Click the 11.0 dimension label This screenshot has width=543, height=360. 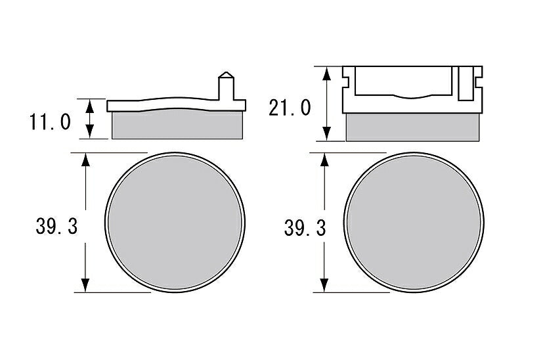click(50, 122)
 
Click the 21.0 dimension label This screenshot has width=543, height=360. click(290, 108)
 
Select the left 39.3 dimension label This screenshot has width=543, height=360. click(56, 227)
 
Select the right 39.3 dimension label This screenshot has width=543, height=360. click(305, 229)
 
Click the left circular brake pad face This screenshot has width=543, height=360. click(175, 223)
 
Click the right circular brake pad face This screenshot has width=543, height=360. click(414, 223)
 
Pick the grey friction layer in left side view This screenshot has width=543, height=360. click(177, 125)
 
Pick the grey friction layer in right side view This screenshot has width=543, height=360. click(413, 127)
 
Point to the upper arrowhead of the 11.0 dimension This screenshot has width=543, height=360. click(90, 105)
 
